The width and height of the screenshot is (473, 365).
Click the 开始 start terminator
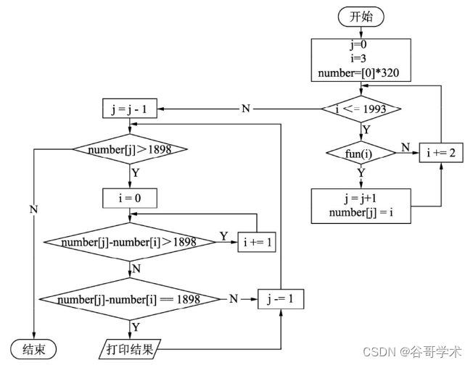[361, 17]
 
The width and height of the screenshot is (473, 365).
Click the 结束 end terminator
[33, 348]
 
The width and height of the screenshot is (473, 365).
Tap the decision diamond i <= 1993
[361, 109]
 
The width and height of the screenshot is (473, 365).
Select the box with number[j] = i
[361, 204]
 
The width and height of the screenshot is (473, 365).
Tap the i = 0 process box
[130, 196]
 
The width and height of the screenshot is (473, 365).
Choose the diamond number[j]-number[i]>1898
[129, 242]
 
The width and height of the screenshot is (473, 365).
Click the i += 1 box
[258, 243]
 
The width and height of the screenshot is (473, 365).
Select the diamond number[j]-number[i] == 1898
[129, 298]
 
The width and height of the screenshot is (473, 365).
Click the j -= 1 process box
[280, 298]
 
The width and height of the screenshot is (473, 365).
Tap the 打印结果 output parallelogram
[130, 348]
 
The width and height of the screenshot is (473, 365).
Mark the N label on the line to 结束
[33, 209]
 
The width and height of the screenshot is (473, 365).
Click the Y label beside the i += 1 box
[223, 236]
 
